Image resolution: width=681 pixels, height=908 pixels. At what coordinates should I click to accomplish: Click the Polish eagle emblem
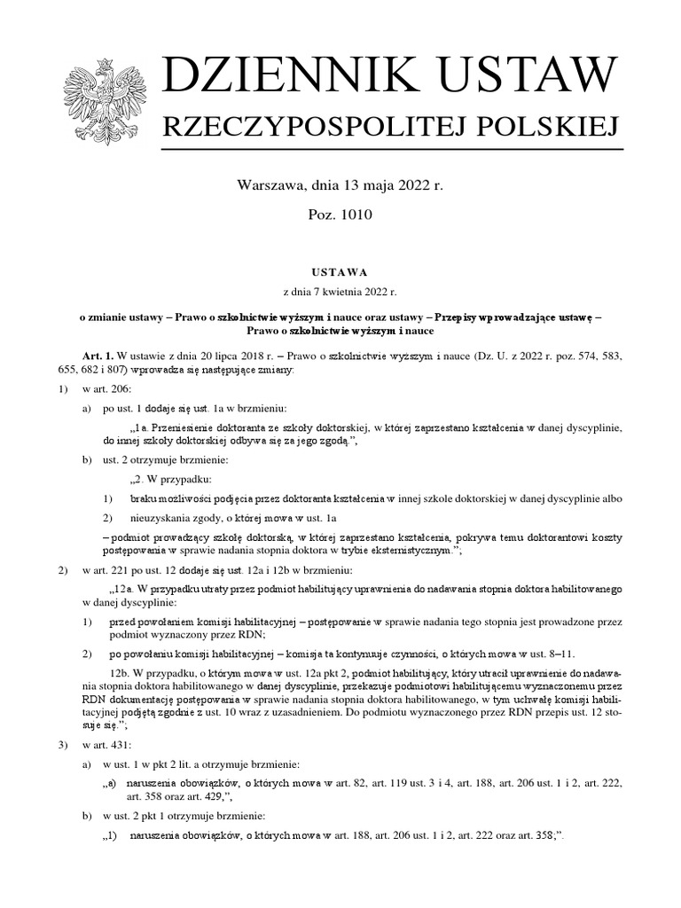(x=98, y=99)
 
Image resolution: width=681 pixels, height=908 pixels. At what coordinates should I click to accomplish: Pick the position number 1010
(x=354, y=214)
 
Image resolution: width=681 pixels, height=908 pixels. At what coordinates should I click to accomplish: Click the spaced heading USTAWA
(x=340, y=273)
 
